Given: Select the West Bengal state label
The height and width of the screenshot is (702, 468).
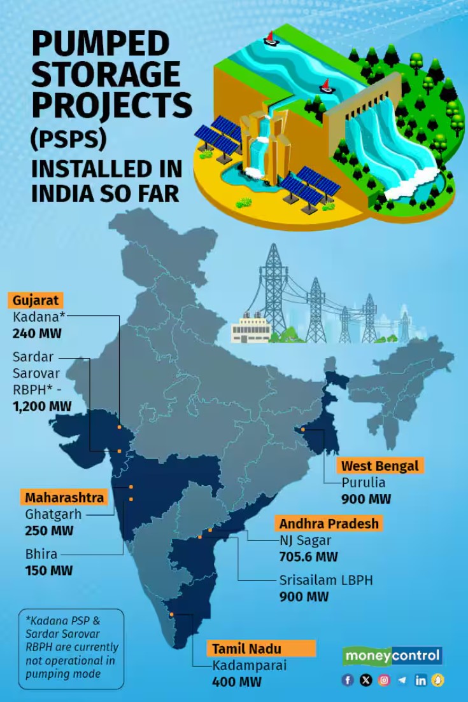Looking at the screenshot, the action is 379,466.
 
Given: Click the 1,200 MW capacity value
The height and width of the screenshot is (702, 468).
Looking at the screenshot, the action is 42,406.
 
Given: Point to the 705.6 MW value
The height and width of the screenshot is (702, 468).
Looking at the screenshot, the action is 308,557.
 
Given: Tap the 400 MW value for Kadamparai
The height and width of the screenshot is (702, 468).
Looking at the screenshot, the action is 237,682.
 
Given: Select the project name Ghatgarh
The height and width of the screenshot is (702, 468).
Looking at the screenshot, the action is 53,514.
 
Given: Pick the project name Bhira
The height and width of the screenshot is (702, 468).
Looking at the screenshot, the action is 41,554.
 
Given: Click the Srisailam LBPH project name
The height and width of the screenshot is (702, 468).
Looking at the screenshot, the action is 326,581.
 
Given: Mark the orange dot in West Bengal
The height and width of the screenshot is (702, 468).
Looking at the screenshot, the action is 304,430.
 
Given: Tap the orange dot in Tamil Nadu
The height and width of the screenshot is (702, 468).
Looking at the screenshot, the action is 172,614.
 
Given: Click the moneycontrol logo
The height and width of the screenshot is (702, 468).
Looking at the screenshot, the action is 392,656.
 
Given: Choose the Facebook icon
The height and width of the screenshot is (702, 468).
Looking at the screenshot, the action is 348,680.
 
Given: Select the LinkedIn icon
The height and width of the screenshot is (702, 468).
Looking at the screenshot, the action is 420,680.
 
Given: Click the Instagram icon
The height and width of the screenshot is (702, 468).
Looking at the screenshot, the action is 384,680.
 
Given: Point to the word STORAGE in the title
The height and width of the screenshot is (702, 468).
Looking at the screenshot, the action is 105,74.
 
